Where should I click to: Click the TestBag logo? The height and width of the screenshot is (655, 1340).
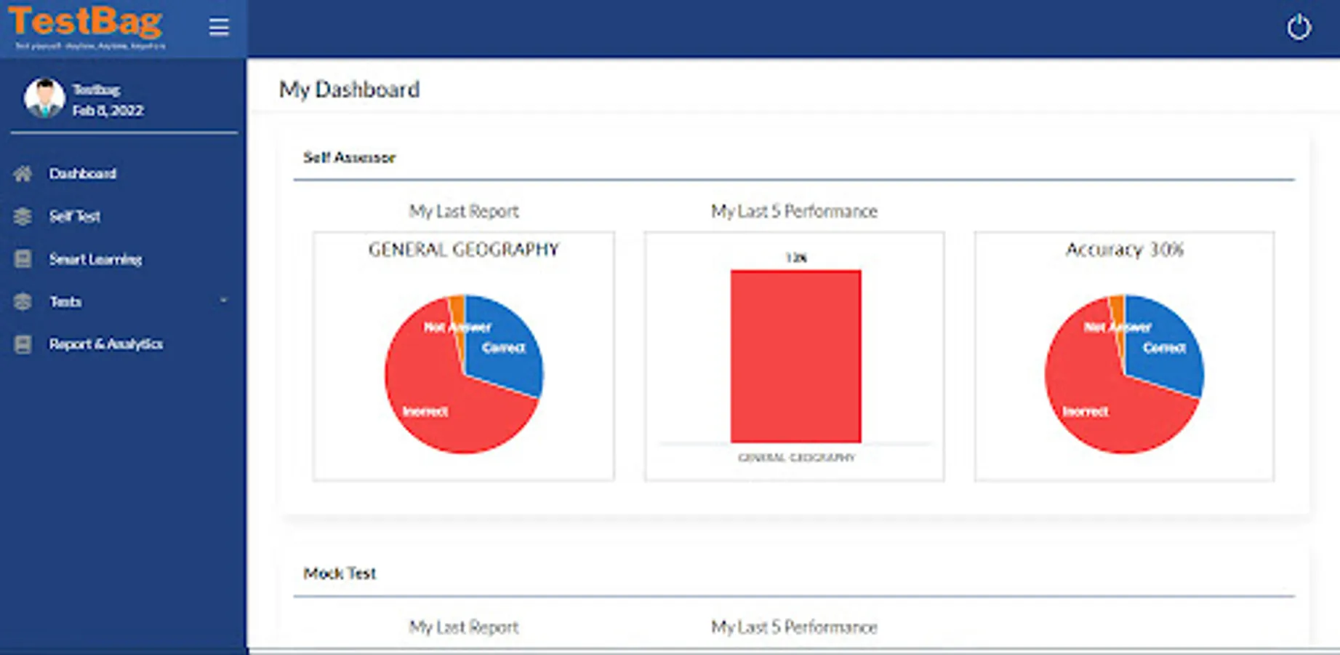tap(86, 24)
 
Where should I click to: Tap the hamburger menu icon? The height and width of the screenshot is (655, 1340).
tap(219, 28)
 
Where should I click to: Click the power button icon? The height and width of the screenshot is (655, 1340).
tap(1299, 28)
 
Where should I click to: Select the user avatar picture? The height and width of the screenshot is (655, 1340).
tap(44, 98)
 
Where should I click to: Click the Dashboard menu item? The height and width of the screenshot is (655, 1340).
tap(82, 174)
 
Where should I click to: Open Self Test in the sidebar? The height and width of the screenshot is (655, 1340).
tap(74, 216)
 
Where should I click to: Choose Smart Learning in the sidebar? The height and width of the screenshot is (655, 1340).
tap(95, 259)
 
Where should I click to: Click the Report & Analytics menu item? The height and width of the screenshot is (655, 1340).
tap(105, 344)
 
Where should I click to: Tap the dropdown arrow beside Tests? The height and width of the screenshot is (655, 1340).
tap(223, 301)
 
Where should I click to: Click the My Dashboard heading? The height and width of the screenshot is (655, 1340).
tap(349, 90)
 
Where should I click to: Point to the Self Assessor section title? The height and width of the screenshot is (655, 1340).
tap(349, 157)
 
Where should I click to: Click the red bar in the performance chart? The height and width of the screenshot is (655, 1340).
tap(795, 356)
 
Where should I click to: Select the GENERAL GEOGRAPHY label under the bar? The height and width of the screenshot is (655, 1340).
tap(796, 458)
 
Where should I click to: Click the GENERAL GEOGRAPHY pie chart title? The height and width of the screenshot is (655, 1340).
tap(463, 250)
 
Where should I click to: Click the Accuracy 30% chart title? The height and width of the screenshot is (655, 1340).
tap(1124, 250)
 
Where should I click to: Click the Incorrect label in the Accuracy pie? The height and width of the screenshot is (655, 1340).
tap(1085, 412)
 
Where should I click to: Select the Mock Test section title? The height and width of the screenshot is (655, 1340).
tap(340, 573)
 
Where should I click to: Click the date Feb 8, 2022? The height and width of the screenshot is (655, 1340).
tap(108, 111)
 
